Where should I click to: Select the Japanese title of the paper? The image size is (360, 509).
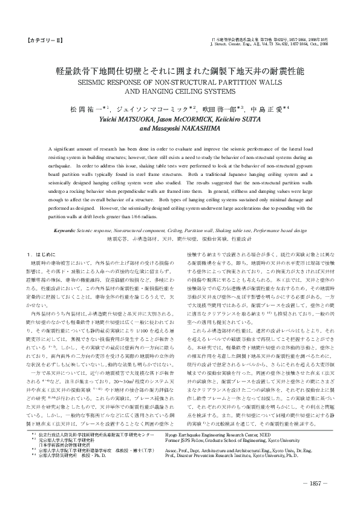click(x=180, y=71)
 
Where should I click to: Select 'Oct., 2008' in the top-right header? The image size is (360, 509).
click(x=319, y=44)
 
